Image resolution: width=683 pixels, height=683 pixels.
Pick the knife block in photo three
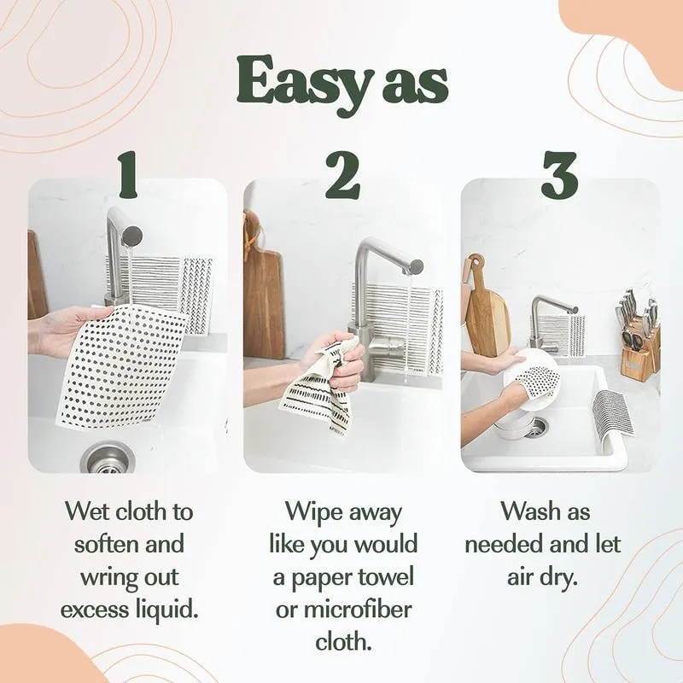[x=639, y=346]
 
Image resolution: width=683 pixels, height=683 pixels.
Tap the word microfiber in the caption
[x=368, y=609]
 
